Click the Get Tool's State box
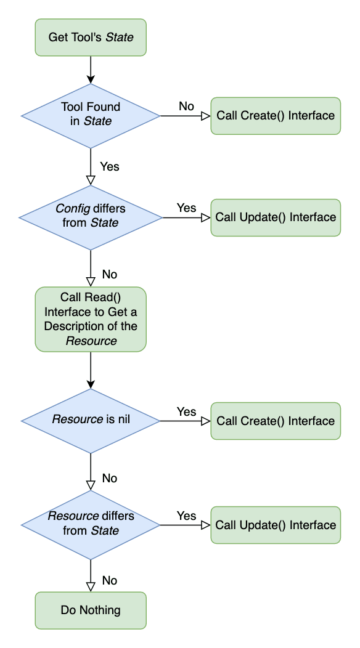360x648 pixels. point(91,38)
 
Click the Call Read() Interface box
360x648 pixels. point(91,319)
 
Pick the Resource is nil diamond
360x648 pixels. point(91,421)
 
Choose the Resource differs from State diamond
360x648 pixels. point(91,524)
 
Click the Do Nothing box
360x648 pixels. point(91,610)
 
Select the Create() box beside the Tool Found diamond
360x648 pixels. point(276,115)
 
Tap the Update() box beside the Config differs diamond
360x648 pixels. point(276,217)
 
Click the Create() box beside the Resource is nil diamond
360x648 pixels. point(276,421)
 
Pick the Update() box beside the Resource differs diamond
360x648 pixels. point(276,525)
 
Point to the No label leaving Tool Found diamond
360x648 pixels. point(187,106)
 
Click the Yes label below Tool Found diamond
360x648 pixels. point(110,166)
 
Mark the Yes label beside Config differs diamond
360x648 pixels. point(186,208)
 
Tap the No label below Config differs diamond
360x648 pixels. point(109,274)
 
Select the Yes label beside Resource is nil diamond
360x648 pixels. point(186,411)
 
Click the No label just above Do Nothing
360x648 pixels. point(109,580)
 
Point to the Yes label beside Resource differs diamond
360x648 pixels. point(186,516)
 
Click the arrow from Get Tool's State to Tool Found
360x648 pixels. point(91,68)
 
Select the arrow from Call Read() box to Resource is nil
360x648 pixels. point(91,370)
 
